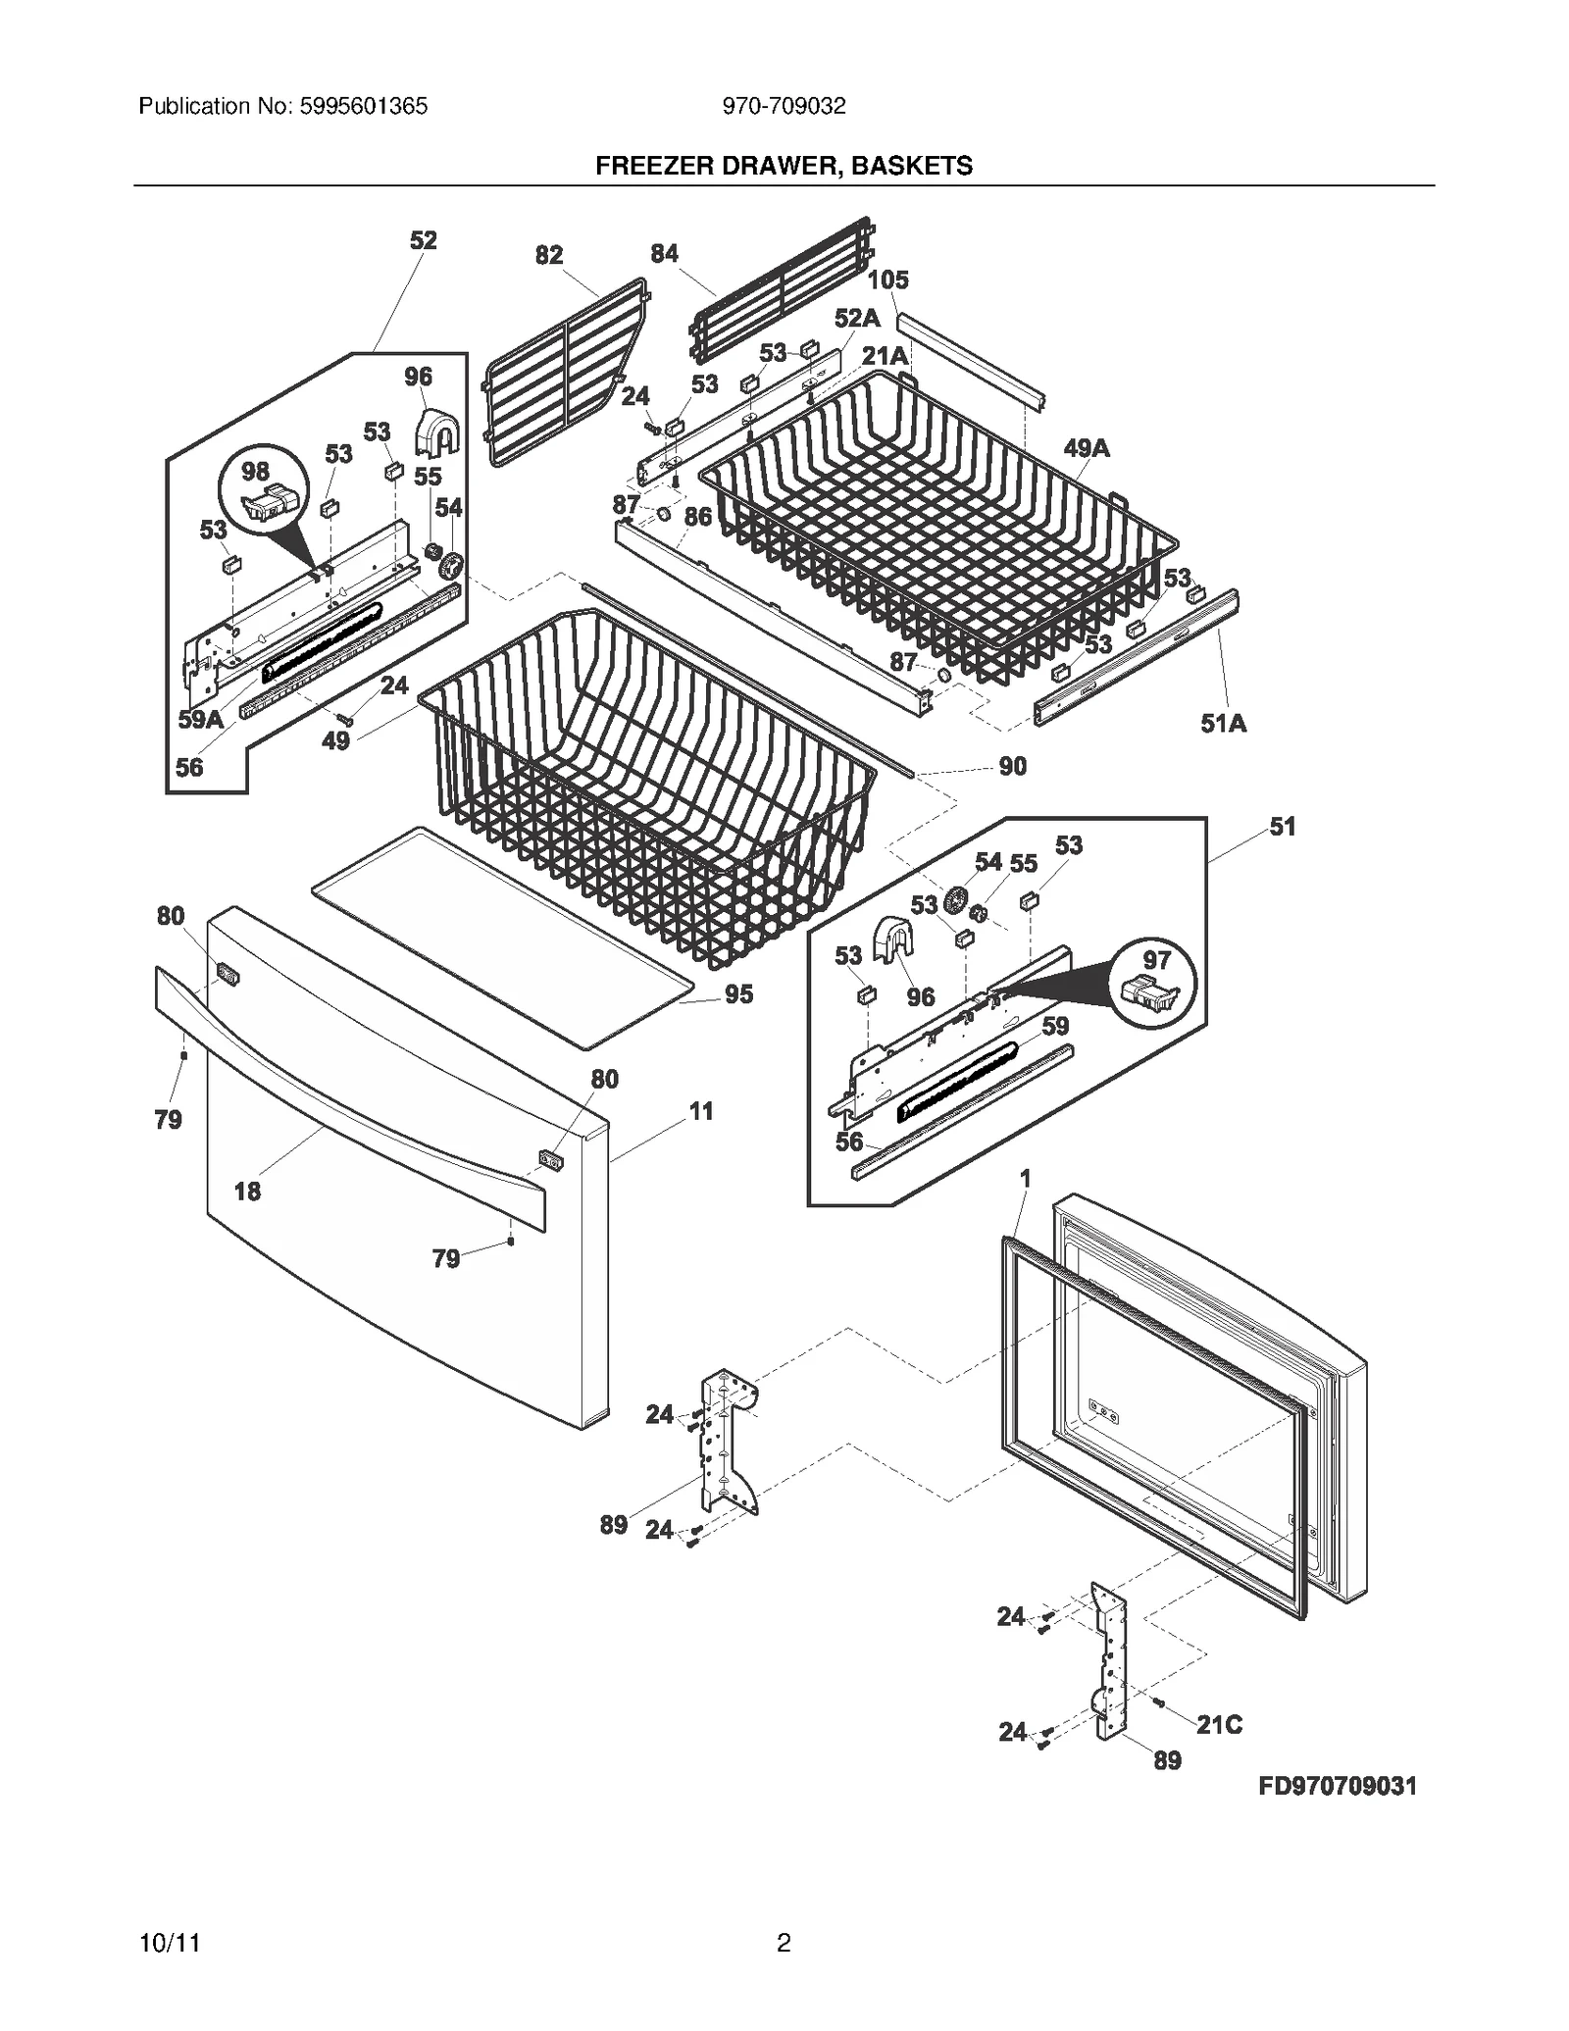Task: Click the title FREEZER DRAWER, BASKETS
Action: [784, 166]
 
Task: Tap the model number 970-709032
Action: [784, 106]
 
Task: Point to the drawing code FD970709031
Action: [1338, 1786]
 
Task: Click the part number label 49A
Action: [1086, 448]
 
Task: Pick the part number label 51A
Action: [1223, 724]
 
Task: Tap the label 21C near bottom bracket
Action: [1218, 1724]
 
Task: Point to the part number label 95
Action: [738, 994]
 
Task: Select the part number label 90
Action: [1012, 766]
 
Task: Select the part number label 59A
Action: [200, 719]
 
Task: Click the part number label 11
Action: [700, 1111]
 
